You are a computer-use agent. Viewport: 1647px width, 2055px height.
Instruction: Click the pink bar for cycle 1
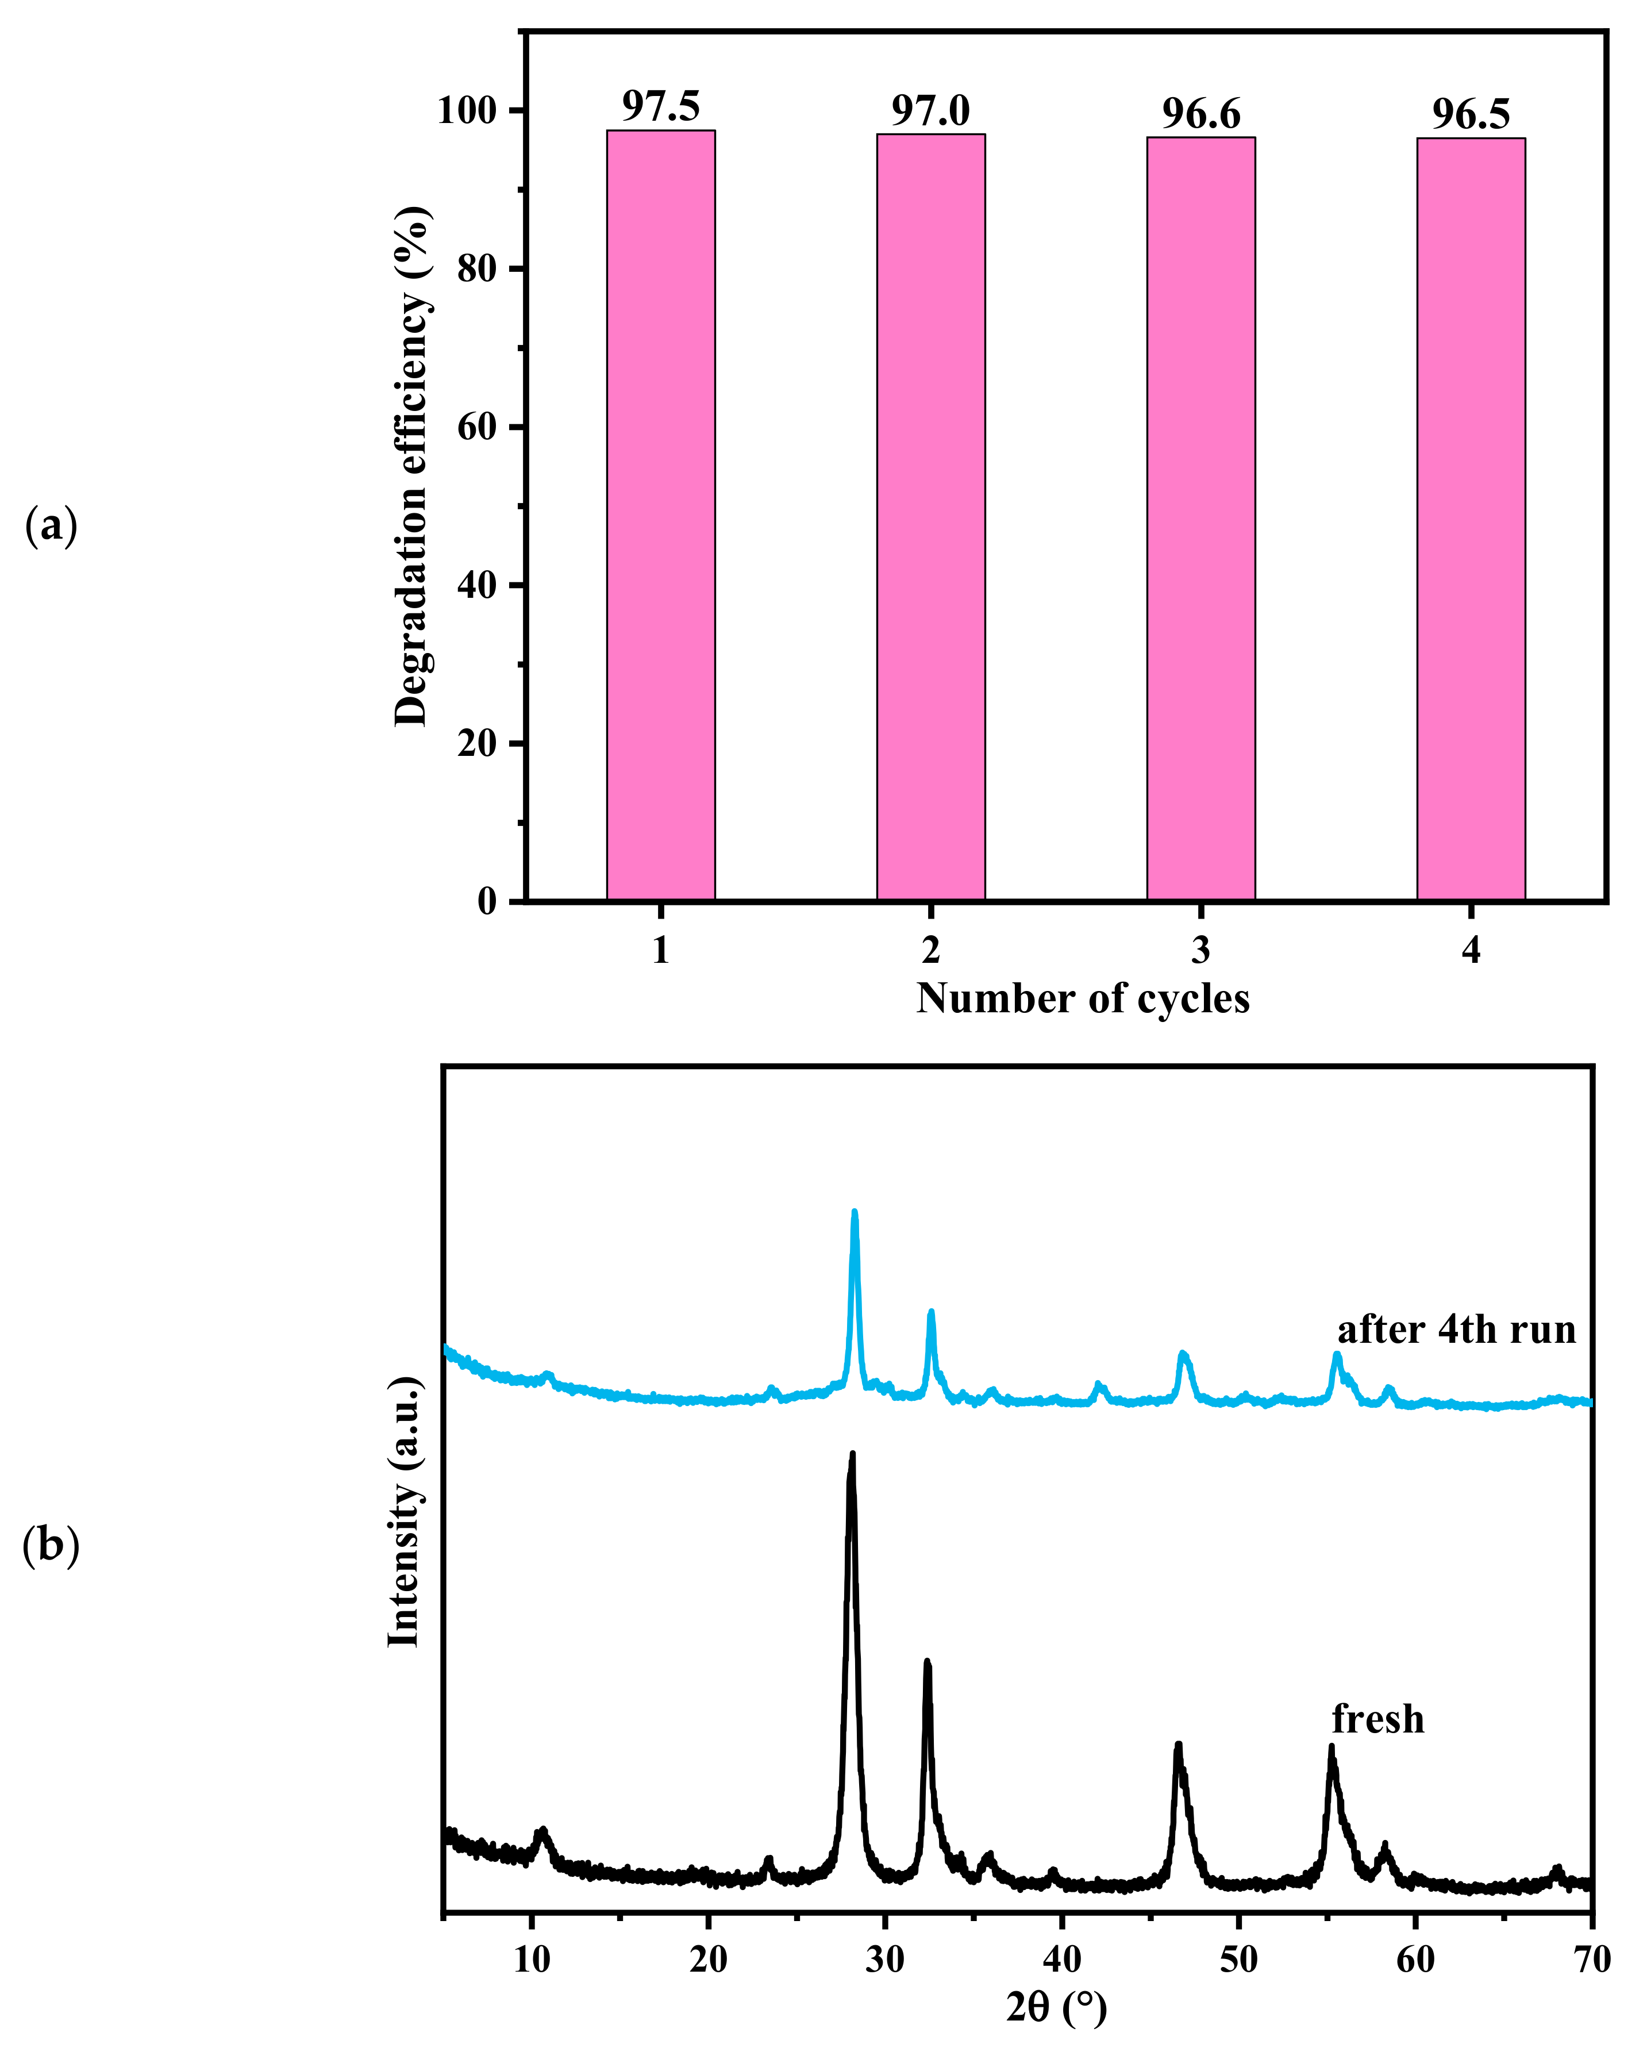coord(660,514)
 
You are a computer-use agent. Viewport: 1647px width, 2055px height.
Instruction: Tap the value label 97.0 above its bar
coord(930,112)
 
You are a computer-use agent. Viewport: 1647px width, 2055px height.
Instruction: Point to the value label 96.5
coord(1471,116)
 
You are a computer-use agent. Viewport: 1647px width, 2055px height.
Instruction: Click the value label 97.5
coord(660,107)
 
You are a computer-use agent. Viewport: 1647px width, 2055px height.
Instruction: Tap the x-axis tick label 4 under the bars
coord(1471,950)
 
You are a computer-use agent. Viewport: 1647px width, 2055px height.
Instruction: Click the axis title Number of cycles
coord(1083,999)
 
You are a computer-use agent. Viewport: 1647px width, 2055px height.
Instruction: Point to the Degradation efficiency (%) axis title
coord(411,467)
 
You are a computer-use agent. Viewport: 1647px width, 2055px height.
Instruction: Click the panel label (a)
coord(51,526)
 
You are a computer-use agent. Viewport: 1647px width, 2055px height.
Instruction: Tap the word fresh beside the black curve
coord(1377,1719)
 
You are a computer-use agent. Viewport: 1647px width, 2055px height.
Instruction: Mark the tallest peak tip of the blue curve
coord(854,1213)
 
